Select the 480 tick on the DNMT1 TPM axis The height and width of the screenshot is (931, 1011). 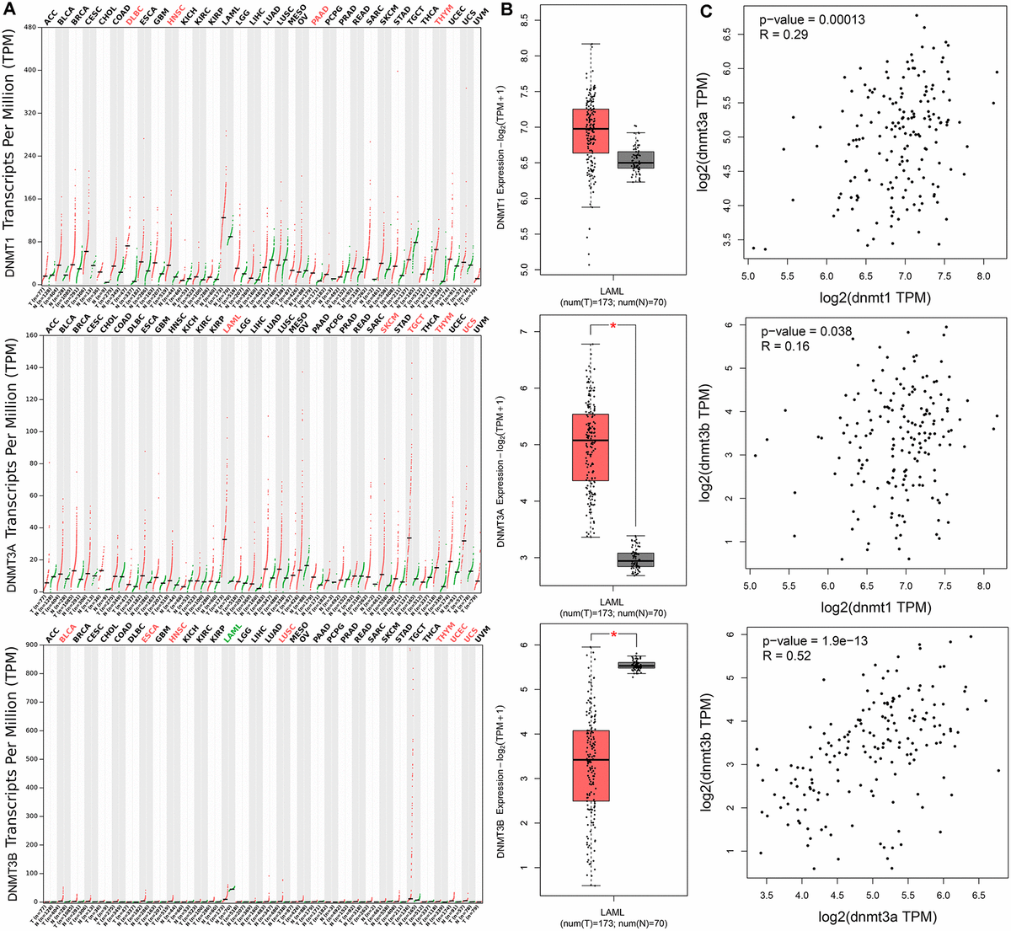point(29,26)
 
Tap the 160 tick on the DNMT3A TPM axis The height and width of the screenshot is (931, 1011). point(29,335)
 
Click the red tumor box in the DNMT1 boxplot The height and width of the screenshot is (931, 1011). point(591,131)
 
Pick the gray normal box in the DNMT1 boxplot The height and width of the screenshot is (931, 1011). point(636,160)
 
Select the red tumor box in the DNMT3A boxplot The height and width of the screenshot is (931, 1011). point(591,447)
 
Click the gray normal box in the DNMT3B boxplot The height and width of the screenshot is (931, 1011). point(636,665)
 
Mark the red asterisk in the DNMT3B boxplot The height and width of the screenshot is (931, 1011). point(613,634)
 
